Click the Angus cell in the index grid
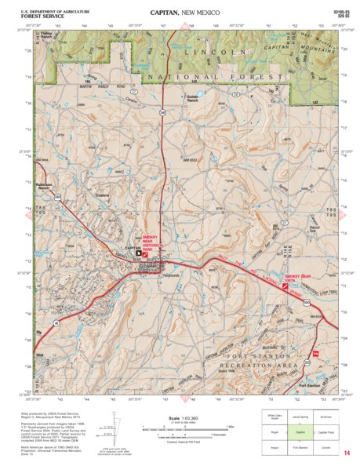[275, 446]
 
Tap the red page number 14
[346, 453]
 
